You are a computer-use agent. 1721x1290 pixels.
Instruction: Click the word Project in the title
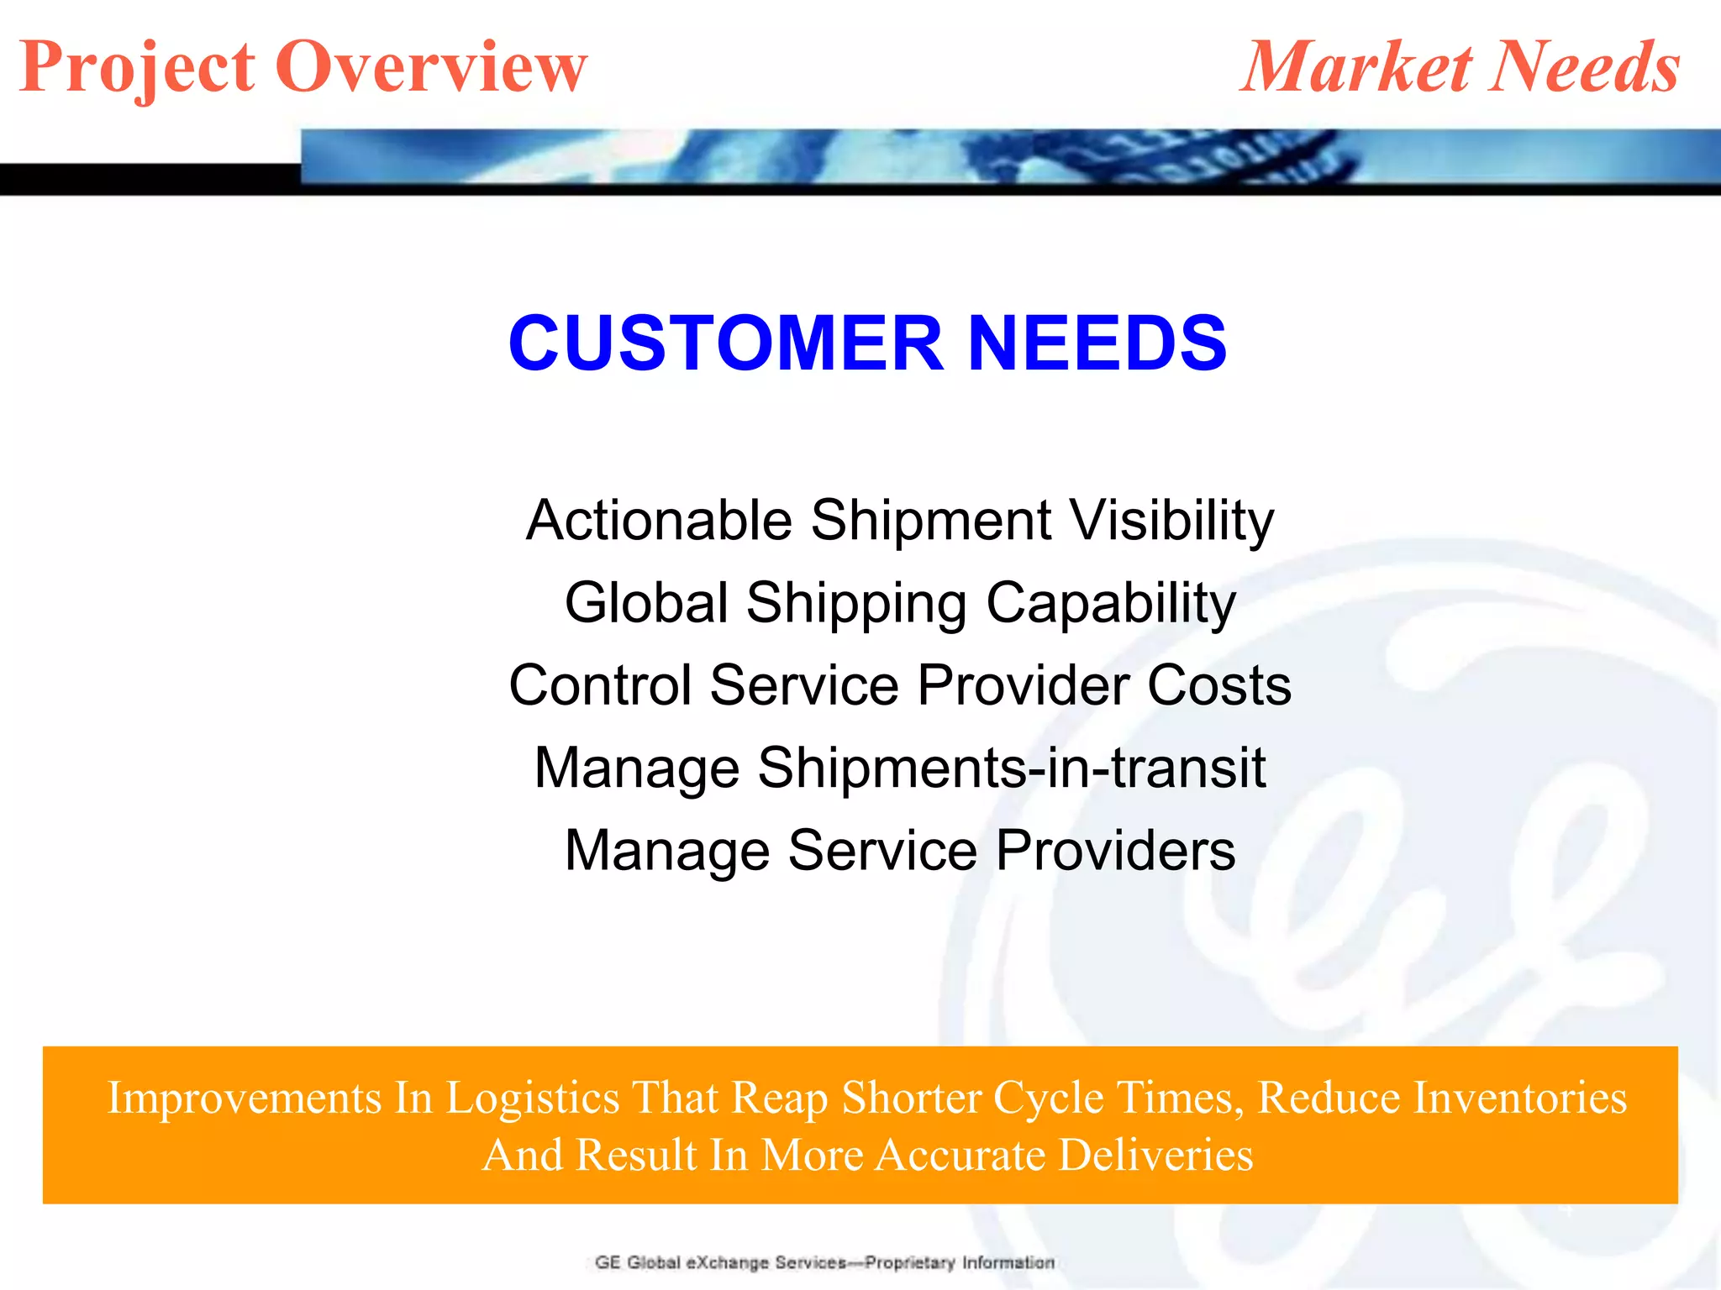coord(137,67)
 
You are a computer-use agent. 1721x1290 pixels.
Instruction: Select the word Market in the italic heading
coord(1356,67)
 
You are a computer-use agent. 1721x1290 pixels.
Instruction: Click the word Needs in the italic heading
coord(1587,67)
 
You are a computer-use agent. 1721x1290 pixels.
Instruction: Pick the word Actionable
coord(659,520)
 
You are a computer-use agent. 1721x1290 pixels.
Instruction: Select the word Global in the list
coord(646,602)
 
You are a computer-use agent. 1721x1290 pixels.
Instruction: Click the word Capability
coord(1110,604)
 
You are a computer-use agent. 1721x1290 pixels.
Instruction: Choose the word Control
coord(599,684)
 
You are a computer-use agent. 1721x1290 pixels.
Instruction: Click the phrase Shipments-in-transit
coord(1011,768)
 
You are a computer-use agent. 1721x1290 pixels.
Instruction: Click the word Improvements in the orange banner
coord(245,1098)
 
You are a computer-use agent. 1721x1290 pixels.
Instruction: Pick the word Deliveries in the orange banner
coord(1155,1155)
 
